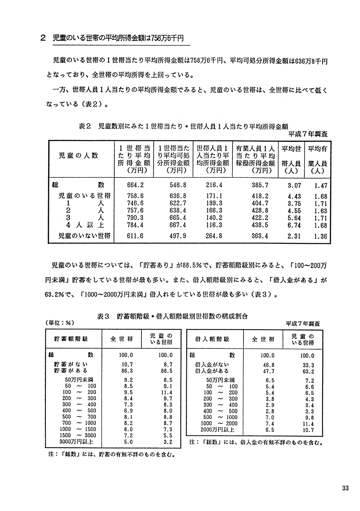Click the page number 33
(x=345, y=488)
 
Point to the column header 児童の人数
(x=78, y=155)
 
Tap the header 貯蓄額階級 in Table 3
(x=72, y=339)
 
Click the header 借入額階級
(x=213, y=339)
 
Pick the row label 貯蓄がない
(x=71, y=364)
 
